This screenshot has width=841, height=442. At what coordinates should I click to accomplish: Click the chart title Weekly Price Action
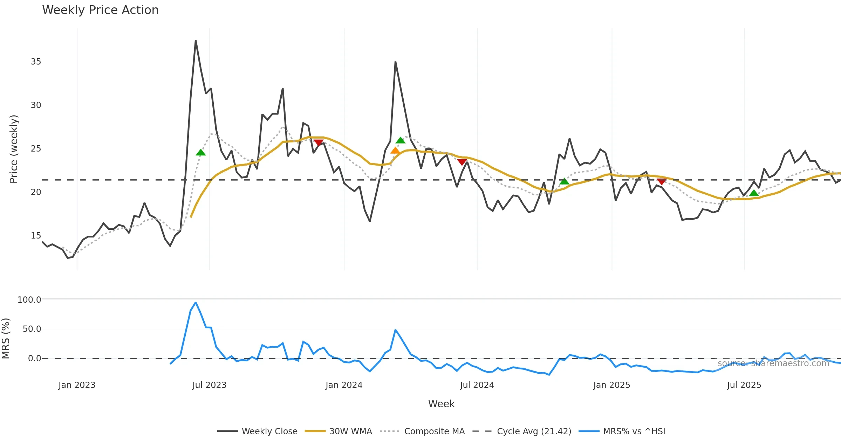point(100,10)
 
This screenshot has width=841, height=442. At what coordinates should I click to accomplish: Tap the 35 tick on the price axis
point(36,62)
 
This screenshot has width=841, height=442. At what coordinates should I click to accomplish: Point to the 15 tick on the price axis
point(36,236)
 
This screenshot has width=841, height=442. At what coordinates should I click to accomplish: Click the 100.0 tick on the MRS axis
point(29,300)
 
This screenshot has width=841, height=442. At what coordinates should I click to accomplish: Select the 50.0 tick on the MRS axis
point(32,329)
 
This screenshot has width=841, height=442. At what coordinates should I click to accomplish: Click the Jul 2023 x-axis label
point(209,385)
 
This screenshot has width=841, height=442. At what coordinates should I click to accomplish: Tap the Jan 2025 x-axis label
point(611,385)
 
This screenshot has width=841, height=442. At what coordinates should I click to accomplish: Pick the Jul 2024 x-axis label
point(477,385)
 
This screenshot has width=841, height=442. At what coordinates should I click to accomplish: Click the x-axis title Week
point(441,404)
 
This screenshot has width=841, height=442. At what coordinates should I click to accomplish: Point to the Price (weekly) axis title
point(13,149)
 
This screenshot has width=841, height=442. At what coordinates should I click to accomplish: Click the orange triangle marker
point(395,151)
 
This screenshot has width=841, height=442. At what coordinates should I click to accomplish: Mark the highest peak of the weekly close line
point(196,41)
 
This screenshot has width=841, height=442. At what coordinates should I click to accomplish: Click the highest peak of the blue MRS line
point(196,302)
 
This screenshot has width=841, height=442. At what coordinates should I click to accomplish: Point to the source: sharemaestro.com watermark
point(773,363)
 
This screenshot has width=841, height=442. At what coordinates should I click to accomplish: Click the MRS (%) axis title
point(6,338)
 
